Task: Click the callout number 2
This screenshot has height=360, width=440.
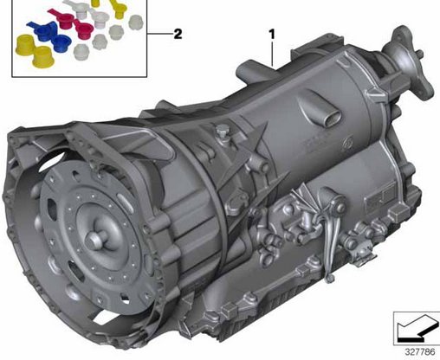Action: (x=177, y=35)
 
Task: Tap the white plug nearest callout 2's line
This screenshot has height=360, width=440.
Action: (x=130, y=38)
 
